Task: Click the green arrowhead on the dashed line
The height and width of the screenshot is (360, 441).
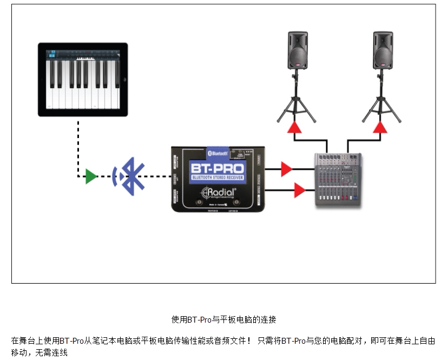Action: click(x=91, y=176)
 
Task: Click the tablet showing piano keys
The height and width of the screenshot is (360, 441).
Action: click(x=83, y=80)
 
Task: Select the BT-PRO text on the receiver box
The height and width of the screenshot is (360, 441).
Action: click(x=216, y=168)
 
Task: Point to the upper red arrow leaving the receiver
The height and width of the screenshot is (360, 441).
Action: click(x=286, y=169)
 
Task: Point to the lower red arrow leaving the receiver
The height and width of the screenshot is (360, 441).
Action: click(x=299, y=190)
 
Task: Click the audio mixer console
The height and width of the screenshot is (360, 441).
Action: click(x=338, y=178)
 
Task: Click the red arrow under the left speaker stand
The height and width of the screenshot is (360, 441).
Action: click(x=294, y=127)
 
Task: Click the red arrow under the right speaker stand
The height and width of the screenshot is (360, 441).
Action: click(x=380, y=127)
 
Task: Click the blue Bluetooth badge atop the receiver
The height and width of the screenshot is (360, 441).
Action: click(x=218, y=153)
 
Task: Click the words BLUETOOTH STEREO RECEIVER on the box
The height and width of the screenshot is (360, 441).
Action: click(x=216, y=178)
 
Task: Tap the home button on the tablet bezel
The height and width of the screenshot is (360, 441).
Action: click(x=123, y=80)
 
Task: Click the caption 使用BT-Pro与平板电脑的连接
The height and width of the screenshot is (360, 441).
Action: click(x=223, y=319)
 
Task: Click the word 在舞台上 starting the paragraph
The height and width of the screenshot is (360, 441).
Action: click(x=24, y=341)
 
